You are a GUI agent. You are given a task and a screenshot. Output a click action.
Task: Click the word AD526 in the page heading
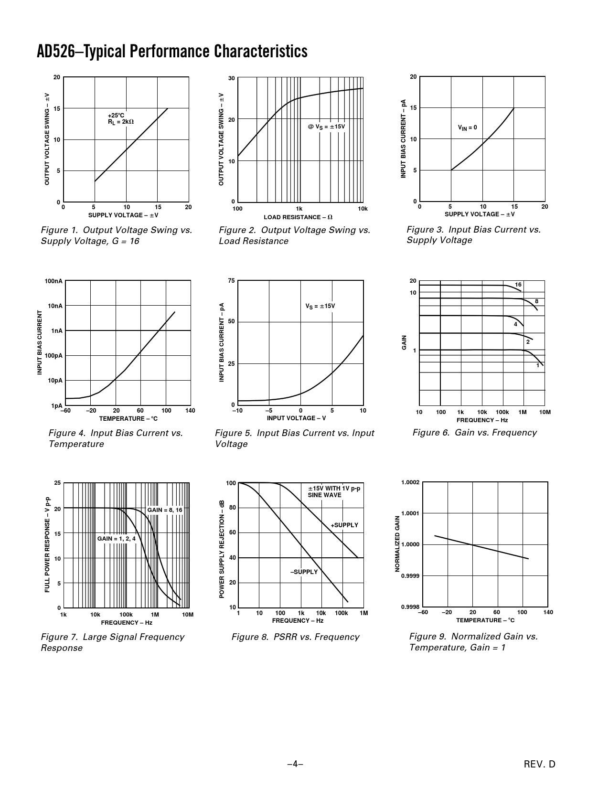[x=55, y=52]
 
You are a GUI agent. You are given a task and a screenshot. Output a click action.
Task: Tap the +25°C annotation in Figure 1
[x=116, y=116]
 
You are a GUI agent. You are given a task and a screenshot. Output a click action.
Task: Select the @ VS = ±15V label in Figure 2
[x=326, y=127]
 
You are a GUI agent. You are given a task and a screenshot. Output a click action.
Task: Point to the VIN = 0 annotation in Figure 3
[x=467, y=128]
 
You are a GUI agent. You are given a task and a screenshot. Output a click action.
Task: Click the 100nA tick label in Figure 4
[x=53, y=281]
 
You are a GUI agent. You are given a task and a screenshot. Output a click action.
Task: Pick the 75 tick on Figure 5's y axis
[x=231, y=281]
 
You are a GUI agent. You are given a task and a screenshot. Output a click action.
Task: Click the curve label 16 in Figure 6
[x=518, y=285]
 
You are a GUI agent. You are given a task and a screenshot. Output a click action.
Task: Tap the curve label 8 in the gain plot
[x=536, y=301]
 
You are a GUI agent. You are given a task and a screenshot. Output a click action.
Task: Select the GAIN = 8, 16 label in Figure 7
[x=165, y=510]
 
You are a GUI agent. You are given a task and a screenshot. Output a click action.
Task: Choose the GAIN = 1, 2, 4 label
[x=117, y=539]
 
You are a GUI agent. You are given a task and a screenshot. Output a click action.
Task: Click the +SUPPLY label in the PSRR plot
[x=344, y=525]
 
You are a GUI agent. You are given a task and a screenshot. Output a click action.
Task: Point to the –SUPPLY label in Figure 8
[x=304, y=572]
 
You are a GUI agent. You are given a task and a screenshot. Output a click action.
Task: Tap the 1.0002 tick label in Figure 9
[x=410, y=482]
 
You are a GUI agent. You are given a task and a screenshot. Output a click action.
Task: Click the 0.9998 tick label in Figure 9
[x=410, y=607]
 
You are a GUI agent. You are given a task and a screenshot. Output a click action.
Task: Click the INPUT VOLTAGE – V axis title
[x=296, y=418]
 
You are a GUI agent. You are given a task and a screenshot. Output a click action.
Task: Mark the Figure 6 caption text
[x=474, y=433]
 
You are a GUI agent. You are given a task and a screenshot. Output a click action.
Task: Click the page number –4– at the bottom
[x=295, y=764]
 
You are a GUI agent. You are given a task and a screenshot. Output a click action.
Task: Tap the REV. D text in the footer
[x=540, y=764]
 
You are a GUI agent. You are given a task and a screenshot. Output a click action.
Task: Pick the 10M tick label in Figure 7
[x=188, y=615]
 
